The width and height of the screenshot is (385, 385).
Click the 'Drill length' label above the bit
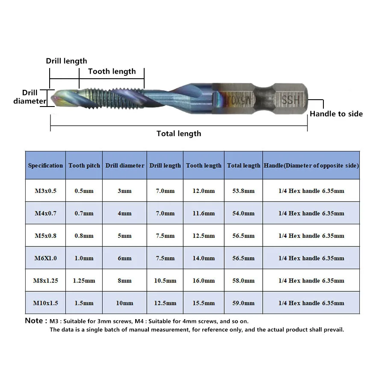66,61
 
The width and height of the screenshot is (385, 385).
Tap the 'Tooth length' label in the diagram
112,71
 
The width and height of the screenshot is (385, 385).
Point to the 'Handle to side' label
336,114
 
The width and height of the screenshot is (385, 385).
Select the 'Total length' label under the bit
178,133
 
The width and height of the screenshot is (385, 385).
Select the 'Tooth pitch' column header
84,166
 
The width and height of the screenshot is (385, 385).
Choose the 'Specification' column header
45,166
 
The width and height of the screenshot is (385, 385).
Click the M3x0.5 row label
45,191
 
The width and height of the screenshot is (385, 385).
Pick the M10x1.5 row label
45,303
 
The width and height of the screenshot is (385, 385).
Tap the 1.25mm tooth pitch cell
84,281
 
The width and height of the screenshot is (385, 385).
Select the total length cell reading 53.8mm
243,191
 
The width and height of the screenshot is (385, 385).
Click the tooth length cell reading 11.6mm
204,213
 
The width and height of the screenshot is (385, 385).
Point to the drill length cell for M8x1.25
165,281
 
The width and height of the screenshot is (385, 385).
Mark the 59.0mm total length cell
243,303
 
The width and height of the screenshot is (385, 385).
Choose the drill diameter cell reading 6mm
124,258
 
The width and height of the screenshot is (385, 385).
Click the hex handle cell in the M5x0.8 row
311,236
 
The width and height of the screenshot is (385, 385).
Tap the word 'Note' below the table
34,321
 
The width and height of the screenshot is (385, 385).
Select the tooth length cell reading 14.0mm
204,258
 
